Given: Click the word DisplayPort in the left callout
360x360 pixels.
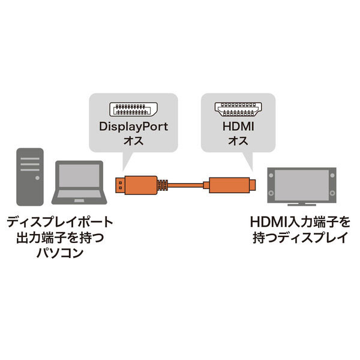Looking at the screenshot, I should (x=133, y=127).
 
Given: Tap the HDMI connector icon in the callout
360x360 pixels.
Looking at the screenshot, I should (x=239, y=109).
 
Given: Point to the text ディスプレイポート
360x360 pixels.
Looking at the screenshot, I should (x=58, y=222).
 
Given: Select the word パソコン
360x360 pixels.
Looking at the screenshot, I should (x=58, y=253).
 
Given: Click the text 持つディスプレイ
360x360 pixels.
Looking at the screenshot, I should (x=301, y=238).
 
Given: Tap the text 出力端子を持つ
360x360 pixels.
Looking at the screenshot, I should (x=58, y=238).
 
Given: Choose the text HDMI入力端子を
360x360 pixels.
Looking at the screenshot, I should (x=301, y=222).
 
